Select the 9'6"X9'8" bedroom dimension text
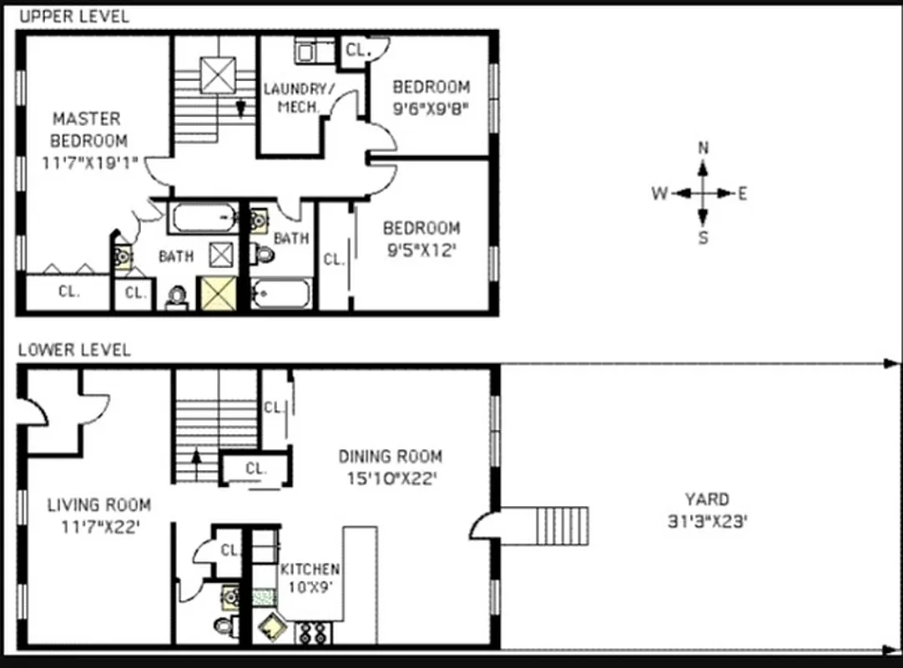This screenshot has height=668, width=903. click(x=431, y=108)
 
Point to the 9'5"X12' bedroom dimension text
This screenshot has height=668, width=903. click(x=421, y=250)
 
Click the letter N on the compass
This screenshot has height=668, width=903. click(x=703, y=149)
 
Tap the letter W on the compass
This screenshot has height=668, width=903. click(x=659, y=194)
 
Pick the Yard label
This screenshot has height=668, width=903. click(x=706, y=499)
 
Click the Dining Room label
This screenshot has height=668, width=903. click(x=390, y=457)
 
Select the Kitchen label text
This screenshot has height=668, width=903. click(x=310, y=569)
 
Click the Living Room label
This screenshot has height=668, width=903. click(x=99, y=504)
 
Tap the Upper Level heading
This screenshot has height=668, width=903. click(x=74, y=16)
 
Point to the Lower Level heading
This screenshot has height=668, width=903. click(x=74, y=350)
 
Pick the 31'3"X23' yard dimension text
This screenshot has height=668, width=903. click(x=706, y=522)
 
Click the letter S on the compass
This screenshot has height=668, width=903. click(x=703, y=238)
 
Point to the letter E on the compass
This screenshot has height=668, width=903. click(x=742, y=194)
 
